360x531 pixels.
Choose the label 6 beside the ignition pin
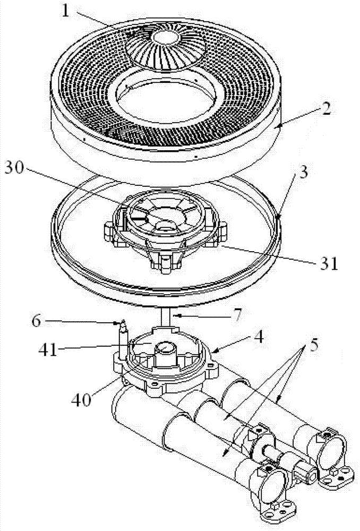coord(36,321)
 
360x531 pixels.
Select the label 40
coord(82,399)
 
